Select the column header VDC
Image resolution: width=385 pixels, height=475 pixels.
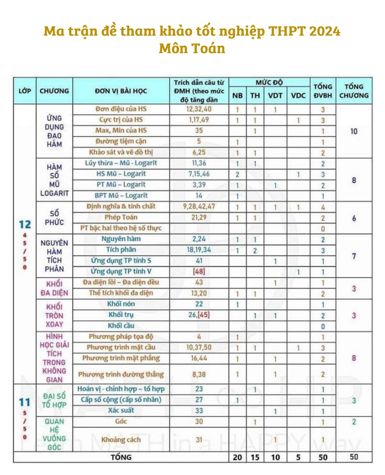pyautogui.click(x=298, y=95)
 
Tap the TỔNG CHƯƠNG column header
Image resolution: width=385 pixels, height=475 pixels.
pyautogui.click(x=354, y=91)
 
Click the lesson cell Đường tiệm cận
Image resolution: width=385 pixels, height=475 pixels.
pyautogui.click(x=121, y=141)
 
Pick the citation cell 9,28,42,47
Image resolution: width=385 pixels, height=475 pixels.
pyautogui.click(x=199, y=206)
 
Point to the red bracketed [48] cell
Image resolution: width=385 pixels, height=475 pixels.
pyautogui.click(x=199, y=271)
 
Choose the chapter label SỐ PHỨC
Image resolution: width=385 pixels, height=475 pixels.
pyautogui.click(x=54, y=218)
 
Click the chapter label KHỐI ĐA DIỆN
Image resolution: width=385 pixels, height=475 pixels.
pyautogui.click(x=54, y=289)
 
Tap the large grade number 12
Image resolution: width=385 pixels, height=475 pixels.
pyautogui.click(x=25, y=225)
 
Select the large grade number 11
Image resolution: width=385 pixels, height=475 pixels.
pyautogui.click(x=25, y=402)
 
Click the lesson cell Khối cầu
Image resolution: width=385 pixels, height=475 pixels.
pyautogui.click(x=121, y=326)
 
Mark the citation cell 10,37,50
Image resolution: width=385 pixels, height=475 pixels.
pyautogui.click(x=199, y=347)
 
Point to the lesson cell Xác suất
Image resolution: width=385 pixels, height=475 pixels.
pyautogui.click(x=121, y=410)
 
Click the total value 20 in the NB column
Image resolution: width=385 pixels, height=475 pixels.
pyautogui.click(x=237, y=458)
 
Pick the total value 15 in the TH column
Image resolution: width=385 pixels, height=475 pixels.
pyautogui.click(x=255, y=458)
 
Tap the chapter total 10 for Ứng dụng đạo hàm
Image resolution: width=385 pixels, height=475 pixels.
pyautogui.click(x=354, y=131)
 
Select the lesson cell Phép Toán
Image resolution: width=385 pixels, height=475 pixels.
pyautogui.click(x=121, y=217)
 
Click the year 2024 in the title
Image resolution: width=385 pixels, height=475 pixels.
pyautogui.click(x=324, y=31)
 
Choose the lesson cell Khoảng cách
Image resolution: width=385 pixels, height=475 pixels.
pyautogui.click(x=121, y=440)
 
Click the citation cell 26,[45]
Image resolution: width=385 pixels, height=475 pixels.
pyautogui.click(x=199, y=315)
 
